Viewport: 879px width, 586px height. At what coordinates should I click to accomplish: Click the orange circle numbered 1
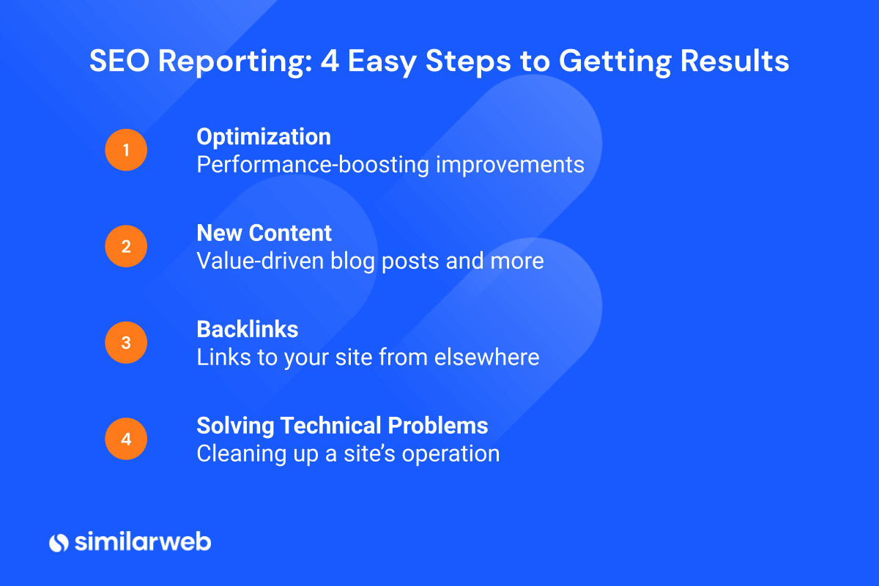(x=126, y=150)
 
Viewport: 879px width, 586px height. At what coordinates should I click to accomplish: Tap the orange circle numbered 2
(x=126, y=246)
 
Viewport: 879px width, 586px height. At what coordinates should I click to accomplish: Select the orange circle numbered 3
(x=126, y=343)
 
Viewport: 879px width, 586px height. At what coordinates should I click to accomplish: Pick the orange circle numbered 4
(x=126, y=439)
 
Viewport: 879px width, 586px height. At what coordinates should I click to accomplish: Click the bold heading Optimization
(x=264, y=137)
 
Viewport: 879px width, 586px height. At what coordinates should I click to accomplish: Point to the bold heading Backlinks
(x=248, y=330)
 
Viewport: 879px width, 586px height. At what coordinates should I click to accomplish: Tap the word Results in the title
(x=735, y=62)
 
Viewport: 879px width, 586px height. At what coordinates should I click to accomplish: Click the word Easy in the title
(x=381, y=62)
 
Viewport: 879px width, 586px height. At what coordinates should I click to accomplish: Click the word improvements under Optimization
(x=511, y=164)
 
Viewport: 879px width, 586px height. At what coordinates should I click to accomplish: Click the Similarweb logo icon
(x=59, y=542)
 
